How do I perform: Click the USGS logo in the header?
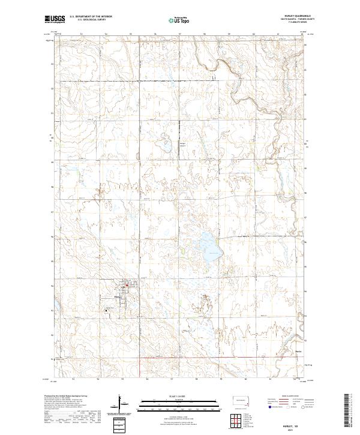click(x=54, y=19)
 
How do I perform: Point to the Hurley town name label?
click(x=118, y=297)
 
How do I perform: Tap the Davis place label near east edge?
click(x=299, y=344)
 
